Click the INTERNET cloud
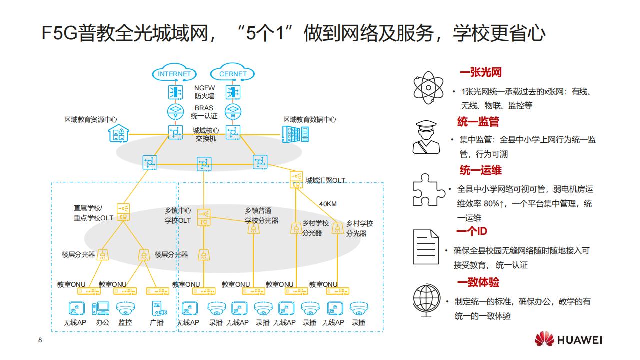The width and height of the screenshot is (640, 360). click(x=174, y=74)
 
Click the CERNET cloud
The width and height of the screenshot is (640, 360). click(x=233, y=74)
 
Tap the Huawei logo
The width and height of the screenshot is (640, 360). click(x=569, y=340)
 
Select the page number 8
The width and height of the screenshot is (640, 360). click(x=40, y=341)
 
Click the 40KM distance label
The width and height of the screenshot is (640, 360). click(x=328, y=204)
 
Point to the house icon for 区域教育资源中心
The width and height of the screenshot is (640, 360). click(x=119, y=133)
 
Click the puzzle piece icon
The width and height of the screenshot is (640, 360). click(x=428, y=190)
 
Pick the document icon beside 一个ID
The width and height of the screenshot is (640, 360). click(x=425, y=247)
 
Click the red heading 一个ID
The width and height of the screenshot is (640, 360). click(x=471, y=231)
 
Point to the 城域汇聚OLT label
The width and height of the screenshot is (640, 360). click(x=325, y=180)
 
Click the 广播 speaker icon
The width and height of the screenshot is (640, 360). click(x=158, y=308)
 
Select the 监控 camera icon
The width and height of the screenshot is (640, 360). click(x=125, y=308)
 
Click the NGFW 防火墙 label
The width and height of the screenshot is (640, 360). click(x=204, y=92)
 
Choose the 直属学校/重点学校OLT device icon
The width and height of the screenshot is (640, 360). click(x=123, y=211)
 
